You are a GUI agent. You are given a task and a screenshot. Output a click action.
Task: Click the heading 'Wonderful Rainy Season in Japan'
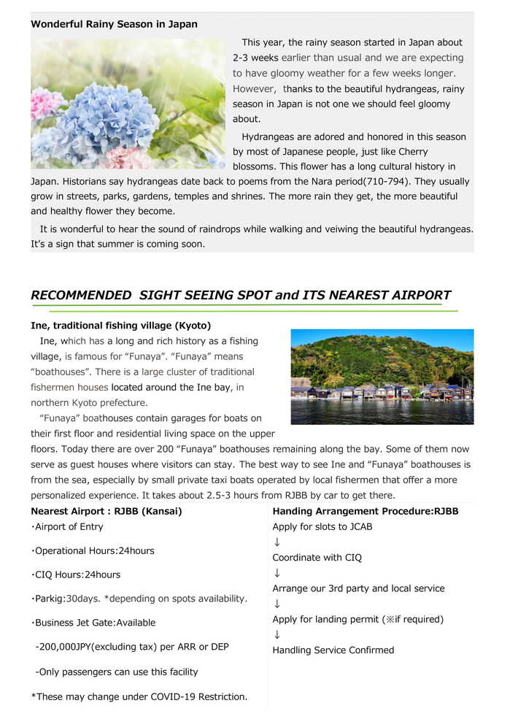tap(114, 24)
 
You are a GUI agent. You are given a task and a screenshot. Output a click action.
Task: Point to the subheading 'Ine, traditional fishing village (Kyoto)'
tap(120, 326)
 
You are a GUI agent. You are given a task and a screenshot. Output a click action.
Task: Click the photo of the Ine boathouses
tap(382, 376)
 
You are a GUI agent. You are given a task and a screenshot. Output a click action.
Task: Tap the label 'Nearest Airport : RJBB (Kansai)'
tap(107, 511)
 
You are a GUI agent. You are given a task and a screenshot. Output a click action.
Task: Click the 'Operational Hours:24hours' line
tap(94, 550)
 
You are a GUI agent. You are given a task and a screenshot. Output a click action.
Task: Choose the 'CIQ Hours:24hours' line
tap(77, 575)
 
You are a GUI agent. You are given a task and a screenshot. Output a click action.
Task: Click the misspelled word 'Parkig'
tap(51, 599)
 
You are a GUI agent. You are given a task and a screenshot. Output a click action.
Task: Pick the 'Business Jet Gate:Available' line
tap(95, 623)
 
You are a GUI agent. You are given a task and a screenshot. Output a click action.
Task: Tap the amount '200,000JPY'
tap(69, 647)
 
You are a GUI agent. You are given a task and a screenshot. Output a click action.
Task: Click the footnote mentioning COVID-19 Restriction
tap(139, 696)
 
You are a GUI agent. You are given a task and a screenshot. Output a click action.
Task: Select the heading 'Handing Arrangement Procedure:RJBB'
tap(365, 511)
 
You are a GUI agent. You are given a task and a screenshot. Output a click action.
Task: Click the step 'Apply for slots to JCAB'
tap(322, 526)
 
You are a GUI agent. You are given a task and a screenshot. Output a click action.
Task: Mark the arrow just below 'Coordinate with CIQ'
tap(277, 573)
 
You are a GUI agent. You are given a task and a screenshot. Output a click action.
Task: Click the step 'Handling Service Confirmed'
tap(333, 650)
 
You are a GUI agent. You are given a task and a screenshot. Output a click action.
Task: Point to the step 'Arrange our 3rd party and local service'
tap(358, 588)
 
